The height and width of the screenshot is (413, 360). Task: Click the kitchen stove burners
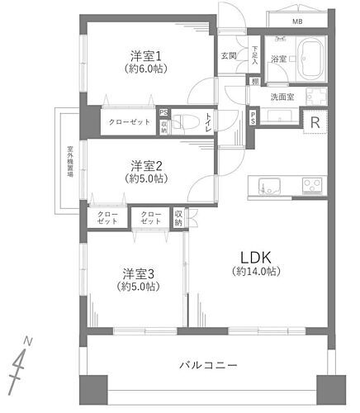tap(311, 183)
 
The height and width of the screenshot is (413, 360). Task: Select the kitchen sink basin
tap(268, 184)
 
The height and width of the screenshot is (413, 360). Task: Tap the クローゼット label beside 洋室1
tap(130, 121)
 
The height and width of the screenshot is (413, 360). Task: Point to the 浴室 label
tap(278, 59)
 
